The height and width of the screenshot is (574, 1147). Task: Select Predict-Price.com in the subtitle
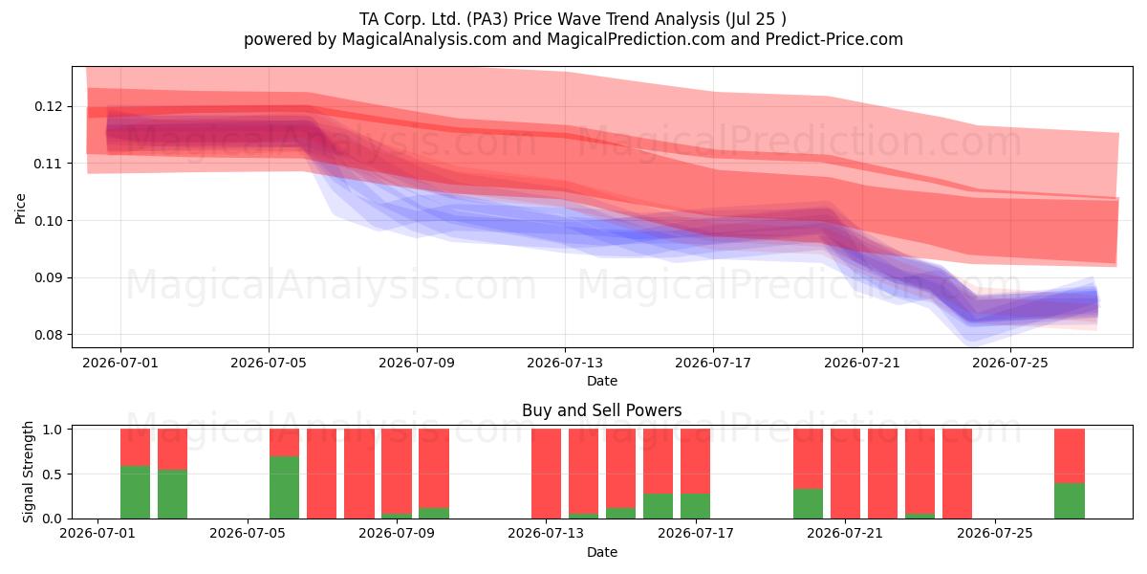(834, 39)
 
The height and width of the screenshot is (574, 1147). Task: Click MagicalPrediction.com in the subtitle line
(636, 39)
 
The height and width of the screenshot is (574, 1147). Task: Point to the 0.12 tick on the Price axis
(48, 106)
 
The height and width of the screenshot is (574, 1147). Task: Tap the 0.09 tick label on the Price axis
(48, 277)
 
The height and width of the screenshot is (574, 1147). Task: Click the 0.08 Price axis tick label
(48, 335)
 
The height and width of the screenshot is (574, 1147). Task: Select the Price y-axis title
(20, 209)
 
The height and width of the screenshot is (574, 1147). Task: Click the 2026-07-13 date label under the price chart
(565, 363)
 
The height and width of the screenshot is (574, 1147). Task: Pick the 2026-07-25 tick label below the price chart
(1010, 363)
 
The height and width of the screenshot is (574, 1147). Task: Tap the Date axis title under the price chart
(602, 381)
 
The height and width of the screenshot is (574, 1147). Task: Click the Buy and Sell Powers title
(601, 410)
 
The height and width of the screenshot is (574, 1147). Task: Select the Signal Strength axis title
(28, 472)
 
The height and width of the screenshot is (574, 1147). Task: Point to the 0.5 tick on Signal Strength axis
(53, 475)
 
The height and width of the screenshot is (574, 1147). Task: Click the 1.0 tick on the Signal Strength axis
(53, 430)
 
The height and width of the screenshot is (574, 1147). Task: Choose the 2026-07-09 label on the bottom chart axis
(397, 534)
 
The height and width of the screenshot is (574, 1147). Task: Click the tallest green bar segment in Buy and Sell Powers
(284, 487)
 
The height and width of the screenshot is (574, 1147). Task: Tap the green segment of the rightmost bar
(1070, 500)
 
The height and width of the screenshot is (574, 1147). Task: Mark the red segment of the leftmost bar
(135, 448)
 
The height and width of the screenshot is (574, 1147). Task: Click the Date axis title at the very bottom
(602, 552)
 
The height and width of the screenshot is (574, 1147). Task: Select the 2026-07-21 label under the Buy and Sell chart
(845, 534)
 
